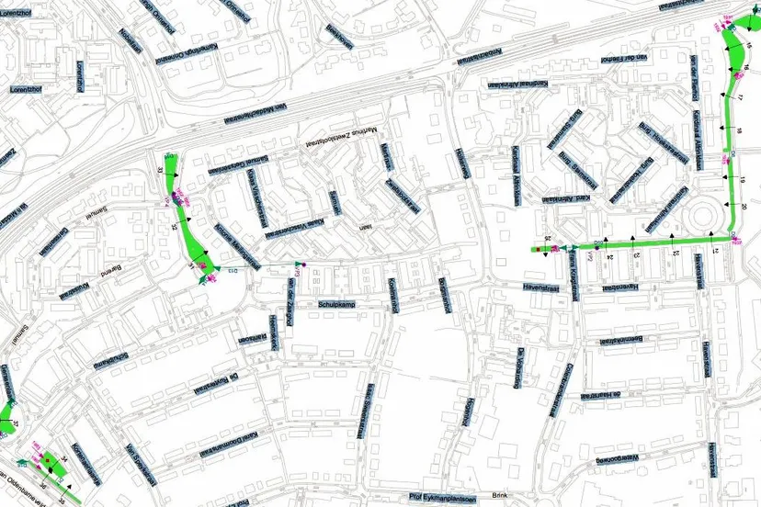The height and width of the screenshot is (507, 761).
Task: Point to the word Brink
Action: (x=500, y=493)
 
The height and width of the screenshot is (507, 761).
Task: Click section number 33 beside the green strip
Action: (x=160, y=171)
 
